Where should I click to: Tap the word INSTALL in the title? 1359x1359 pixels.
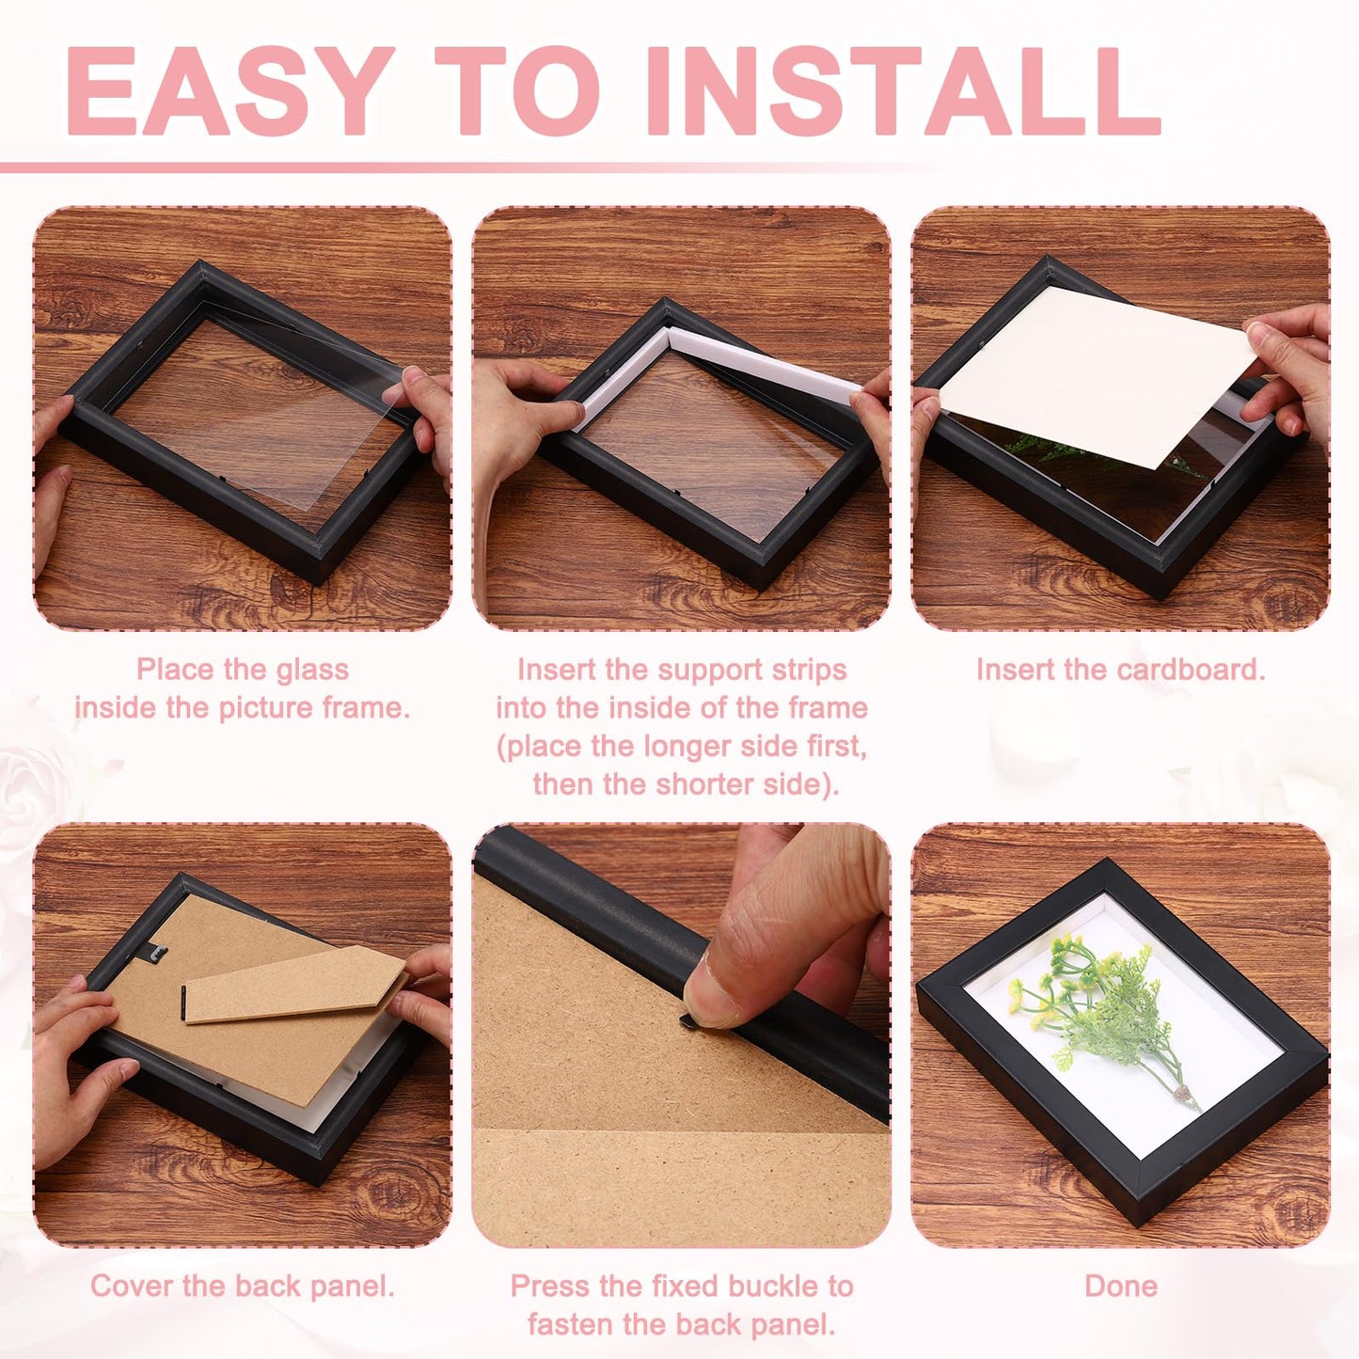click(904, 91)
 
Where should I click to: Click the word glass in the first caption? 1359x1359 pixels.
click(312, 671)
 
